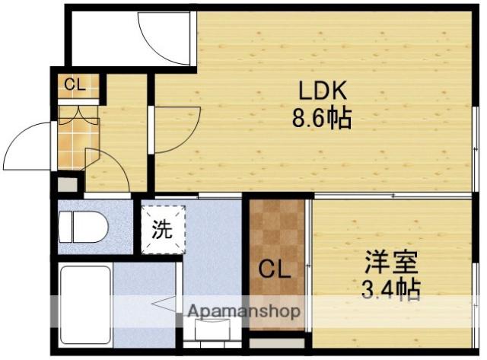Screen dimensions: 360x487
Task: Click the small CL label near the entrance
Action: point(74,85)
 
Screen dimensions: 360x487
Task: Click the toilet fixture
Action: point(88,226)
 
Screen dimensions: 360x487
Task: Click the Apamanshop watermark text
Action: point(243,311)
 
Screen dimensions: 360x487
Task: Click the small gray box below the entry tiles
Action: point(67,185)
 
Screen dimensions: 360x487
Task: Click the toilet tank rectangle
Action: point(65,226)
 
